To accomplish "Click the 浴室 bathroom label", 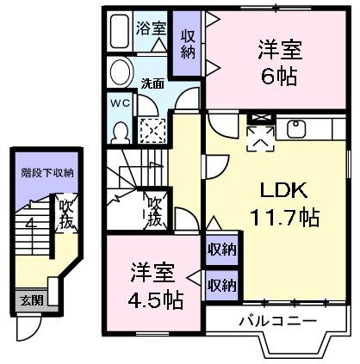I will (151, 28).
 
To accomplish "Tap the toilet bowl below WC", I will (121, 130).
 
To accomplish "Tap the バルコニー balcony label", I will (276, 321).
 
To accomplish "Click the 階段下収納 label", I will (47, 172).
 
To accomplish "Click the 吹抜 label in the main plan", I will (154, 210).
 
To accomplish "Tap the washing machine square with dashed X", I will (152, 131).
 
